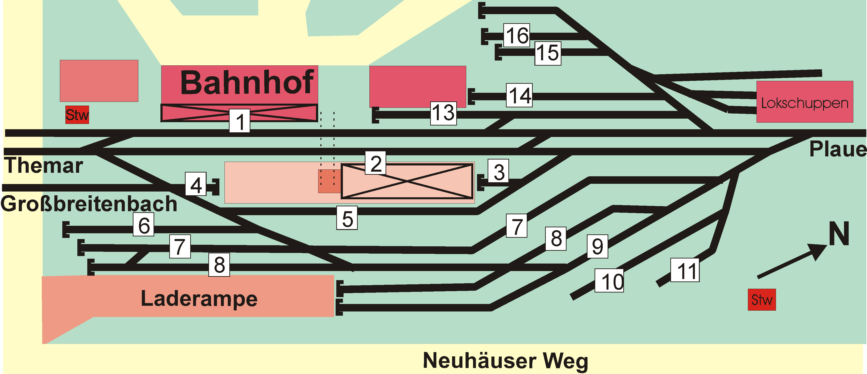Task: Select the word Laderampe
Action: pyautogui.click(x=199, y=299)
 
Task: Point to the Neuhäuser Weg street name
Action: pyautogui.click(x=505, y=361)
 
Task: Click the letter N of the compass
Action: pyautogui.click(x=839, y=234)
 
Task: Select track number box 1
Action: pyautogui.click(x=240, y=121)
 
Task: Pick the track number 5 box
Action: pyautogui.click(x=347, y=218)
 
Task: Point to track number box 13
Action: pyautogui.click(x=444, y=113)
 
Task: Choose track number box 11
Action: pyautogui.click(x=685, y=270)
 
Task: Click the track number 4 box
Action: pyautogui.click(x=196, y=184)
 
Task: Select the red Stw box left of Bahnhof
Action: pyautogui.click(x=77, y=115)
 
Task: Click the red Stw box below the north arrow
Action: pyautogui.click(x=762, y=300)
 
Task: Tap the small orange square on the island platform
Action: pyautogui.click(x=329, y=181)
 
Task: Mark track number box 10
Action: pyautogui.click(x=609, y=280)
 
